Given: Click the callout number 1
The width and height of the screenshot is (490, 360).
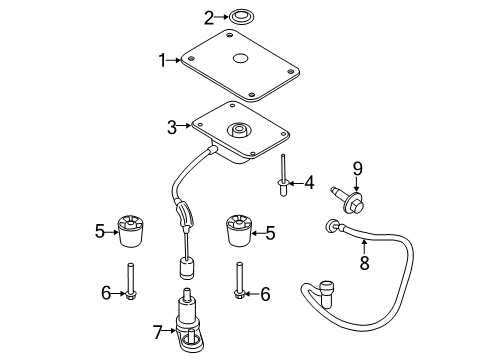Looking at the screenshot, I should [x=162, y=60].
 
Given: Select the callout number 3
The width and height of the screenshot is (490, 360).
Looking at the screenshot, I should [x=172, y=127].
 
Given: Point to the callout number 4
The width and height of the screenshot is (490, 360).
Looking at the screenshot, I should [x=308, y=183].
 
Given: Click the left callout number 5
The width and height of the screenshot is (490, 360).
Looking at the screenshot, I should [x=99, y=232].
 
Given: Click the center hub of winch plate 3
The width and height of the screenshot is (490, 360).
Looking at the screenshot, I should [x=239, y=129].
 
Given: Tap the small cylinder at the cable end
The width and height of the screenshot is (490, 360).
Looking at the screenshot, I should [x=185, y=269].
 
